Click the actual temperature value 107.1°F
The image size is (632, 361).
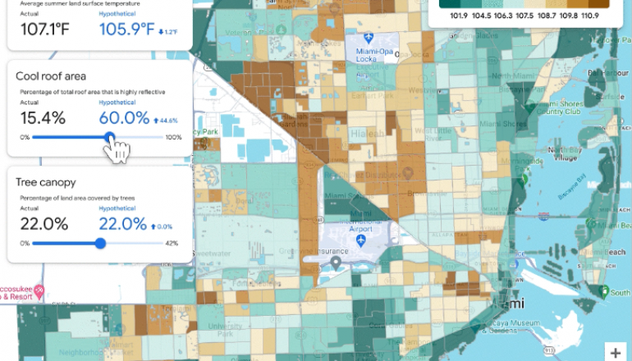click(x=43, y=29)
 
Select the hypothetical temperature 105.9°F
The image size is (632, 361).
click(x=127, y=29)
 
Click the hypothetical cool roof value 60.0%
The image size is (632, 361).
click(x=124, y=118)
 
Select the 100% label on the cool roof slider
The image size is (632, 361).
click(x=173, y=137)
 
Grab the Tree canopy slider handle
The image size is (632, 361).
click(x=100, y=243)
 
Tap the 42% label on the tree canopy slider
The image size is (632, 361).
click(x=172, y=243)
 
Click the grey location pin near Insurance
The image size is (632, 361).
click(x=336, y=263)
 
